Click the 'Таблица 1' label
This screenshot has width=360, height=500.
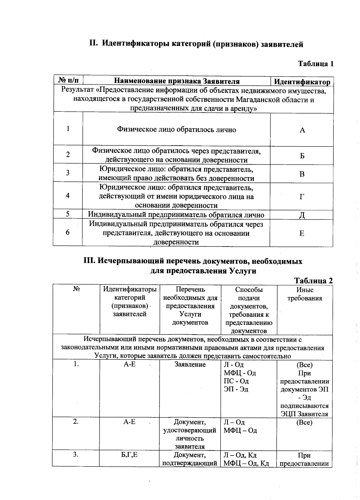(315, 64)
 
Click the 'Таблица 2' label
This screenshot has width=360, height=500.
(313, 280)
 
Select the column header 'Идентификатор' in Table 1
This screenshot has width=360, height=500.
(302, 82)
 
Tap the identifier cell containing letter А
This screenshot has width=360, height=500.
(302, 130)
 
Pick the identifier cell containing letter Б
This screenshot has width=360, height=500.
(302, 156)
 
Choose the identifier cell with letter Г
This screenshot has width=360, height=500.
(302, 197)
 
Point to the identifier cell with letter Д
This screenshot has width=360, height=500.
(302, 215)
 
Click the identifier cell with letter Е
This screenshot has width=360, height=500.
(302, 233)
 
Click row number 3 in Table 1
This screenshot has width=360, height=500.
(68, 173)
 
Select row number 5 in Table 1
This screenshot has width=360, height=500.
(68, 214)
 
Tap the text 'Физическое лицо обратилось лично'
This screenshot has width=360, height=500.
(176, 130)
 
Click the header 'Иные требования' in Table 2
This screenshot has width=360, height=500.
(305, 294)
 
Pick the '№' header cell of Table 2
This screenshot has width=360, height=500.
(76, 289)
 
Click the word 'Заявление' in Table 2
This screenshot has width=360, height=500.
(190, 365)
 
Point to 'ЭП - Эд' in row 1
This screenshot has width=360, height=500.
(236, 389)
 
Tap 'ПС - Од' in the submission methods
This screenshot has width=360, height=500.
(236, 381)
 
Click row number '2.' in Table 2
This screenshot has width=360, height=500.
(76, 422)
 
